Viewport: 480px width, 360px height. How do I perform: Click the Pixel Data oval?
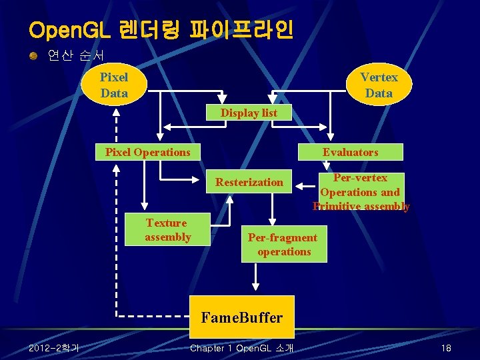pyautogui.click(x=114, y=85)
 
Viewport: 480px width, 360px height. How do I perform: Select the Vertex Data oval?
pyautogui.click(x=379, y=85)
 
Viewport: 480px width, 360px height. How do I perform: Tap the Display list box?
pyautogui.click(x=249, y=113)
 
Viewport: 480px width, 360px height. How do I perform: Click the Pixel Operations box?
pyautogui.click(x=147, y=152)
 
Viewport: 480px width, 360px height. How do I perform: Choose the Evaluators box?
pyautogui.click(x=350, y=152)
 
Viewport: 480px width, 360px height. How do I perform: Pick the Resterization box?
pyautogui.click(x=249, y=182)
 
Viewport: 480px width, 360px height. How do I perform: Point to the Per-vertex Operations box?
pyautogui.click(x=361, y=192)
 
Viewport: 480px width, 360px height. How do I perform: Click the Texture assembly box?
pyautogui.click(x=167, y=230)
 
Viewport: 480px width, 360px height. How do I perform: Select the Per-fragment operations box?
pyautogui.click(x=283, y=245)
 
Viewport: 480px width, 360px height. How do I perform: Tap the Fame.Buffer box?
pyautogui.click(x=241, y=317)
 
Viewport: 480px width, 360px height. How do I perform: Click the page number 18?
pyautogui.click(x=446, y=349)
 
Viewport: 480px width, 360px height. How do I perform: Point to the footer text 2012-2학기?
pyautogui.click(x=53, y=348)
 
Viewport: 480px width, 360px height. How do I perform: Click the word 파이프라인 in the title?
pyautogui.click(x=241, y=30)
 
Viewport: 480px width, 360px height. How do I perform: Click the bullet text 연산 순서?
pyautogui.click(x=75, y=55)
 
